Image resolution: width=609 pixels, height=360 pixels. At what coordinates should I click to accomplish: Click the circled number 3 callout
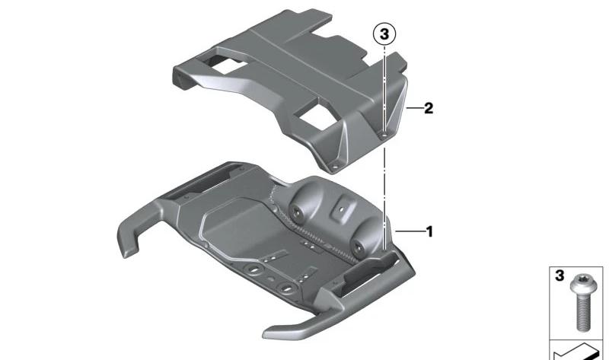point(384,34)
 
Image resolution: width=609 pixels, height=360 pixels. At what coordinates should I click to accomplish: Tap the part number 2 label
point(429,108)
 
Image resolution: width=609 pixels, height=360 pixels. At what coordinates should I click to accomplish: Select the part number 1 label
point(429,232)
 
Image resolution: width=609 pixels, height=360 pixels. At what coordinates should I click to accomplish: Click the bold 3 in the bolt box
point(560,276)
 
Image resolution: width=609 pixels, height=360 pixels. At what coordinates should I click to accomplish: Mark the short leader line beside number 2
point(414,108)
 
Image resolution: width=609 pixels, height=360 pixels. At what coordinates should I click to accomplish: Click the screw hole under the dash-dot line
point(384,135)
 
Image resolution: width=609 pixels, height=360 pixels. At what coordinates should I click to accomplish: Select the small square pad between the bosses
point(342,209)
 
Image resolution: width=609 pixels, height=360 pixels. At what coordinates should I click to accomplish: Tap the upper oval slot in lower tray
point(254,269)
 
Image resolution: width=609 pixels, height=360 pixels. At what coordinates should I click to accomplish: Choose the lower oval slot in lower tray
point(286,288)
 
